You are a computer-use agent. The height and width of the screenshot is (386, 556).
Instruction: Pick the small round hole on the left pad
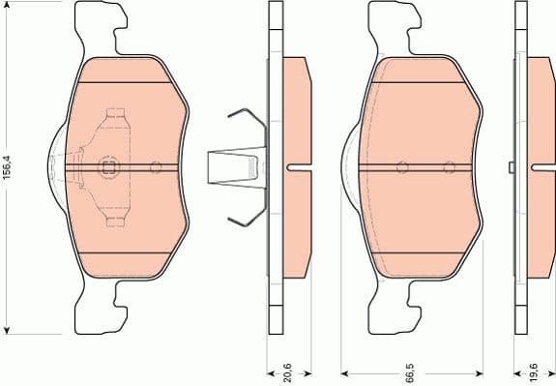pyautogui.click(x=156, y=166)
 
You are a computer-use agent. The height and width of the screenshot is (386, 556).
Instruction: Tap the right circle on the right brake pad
pyautogui.click(x=448, y=167)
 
